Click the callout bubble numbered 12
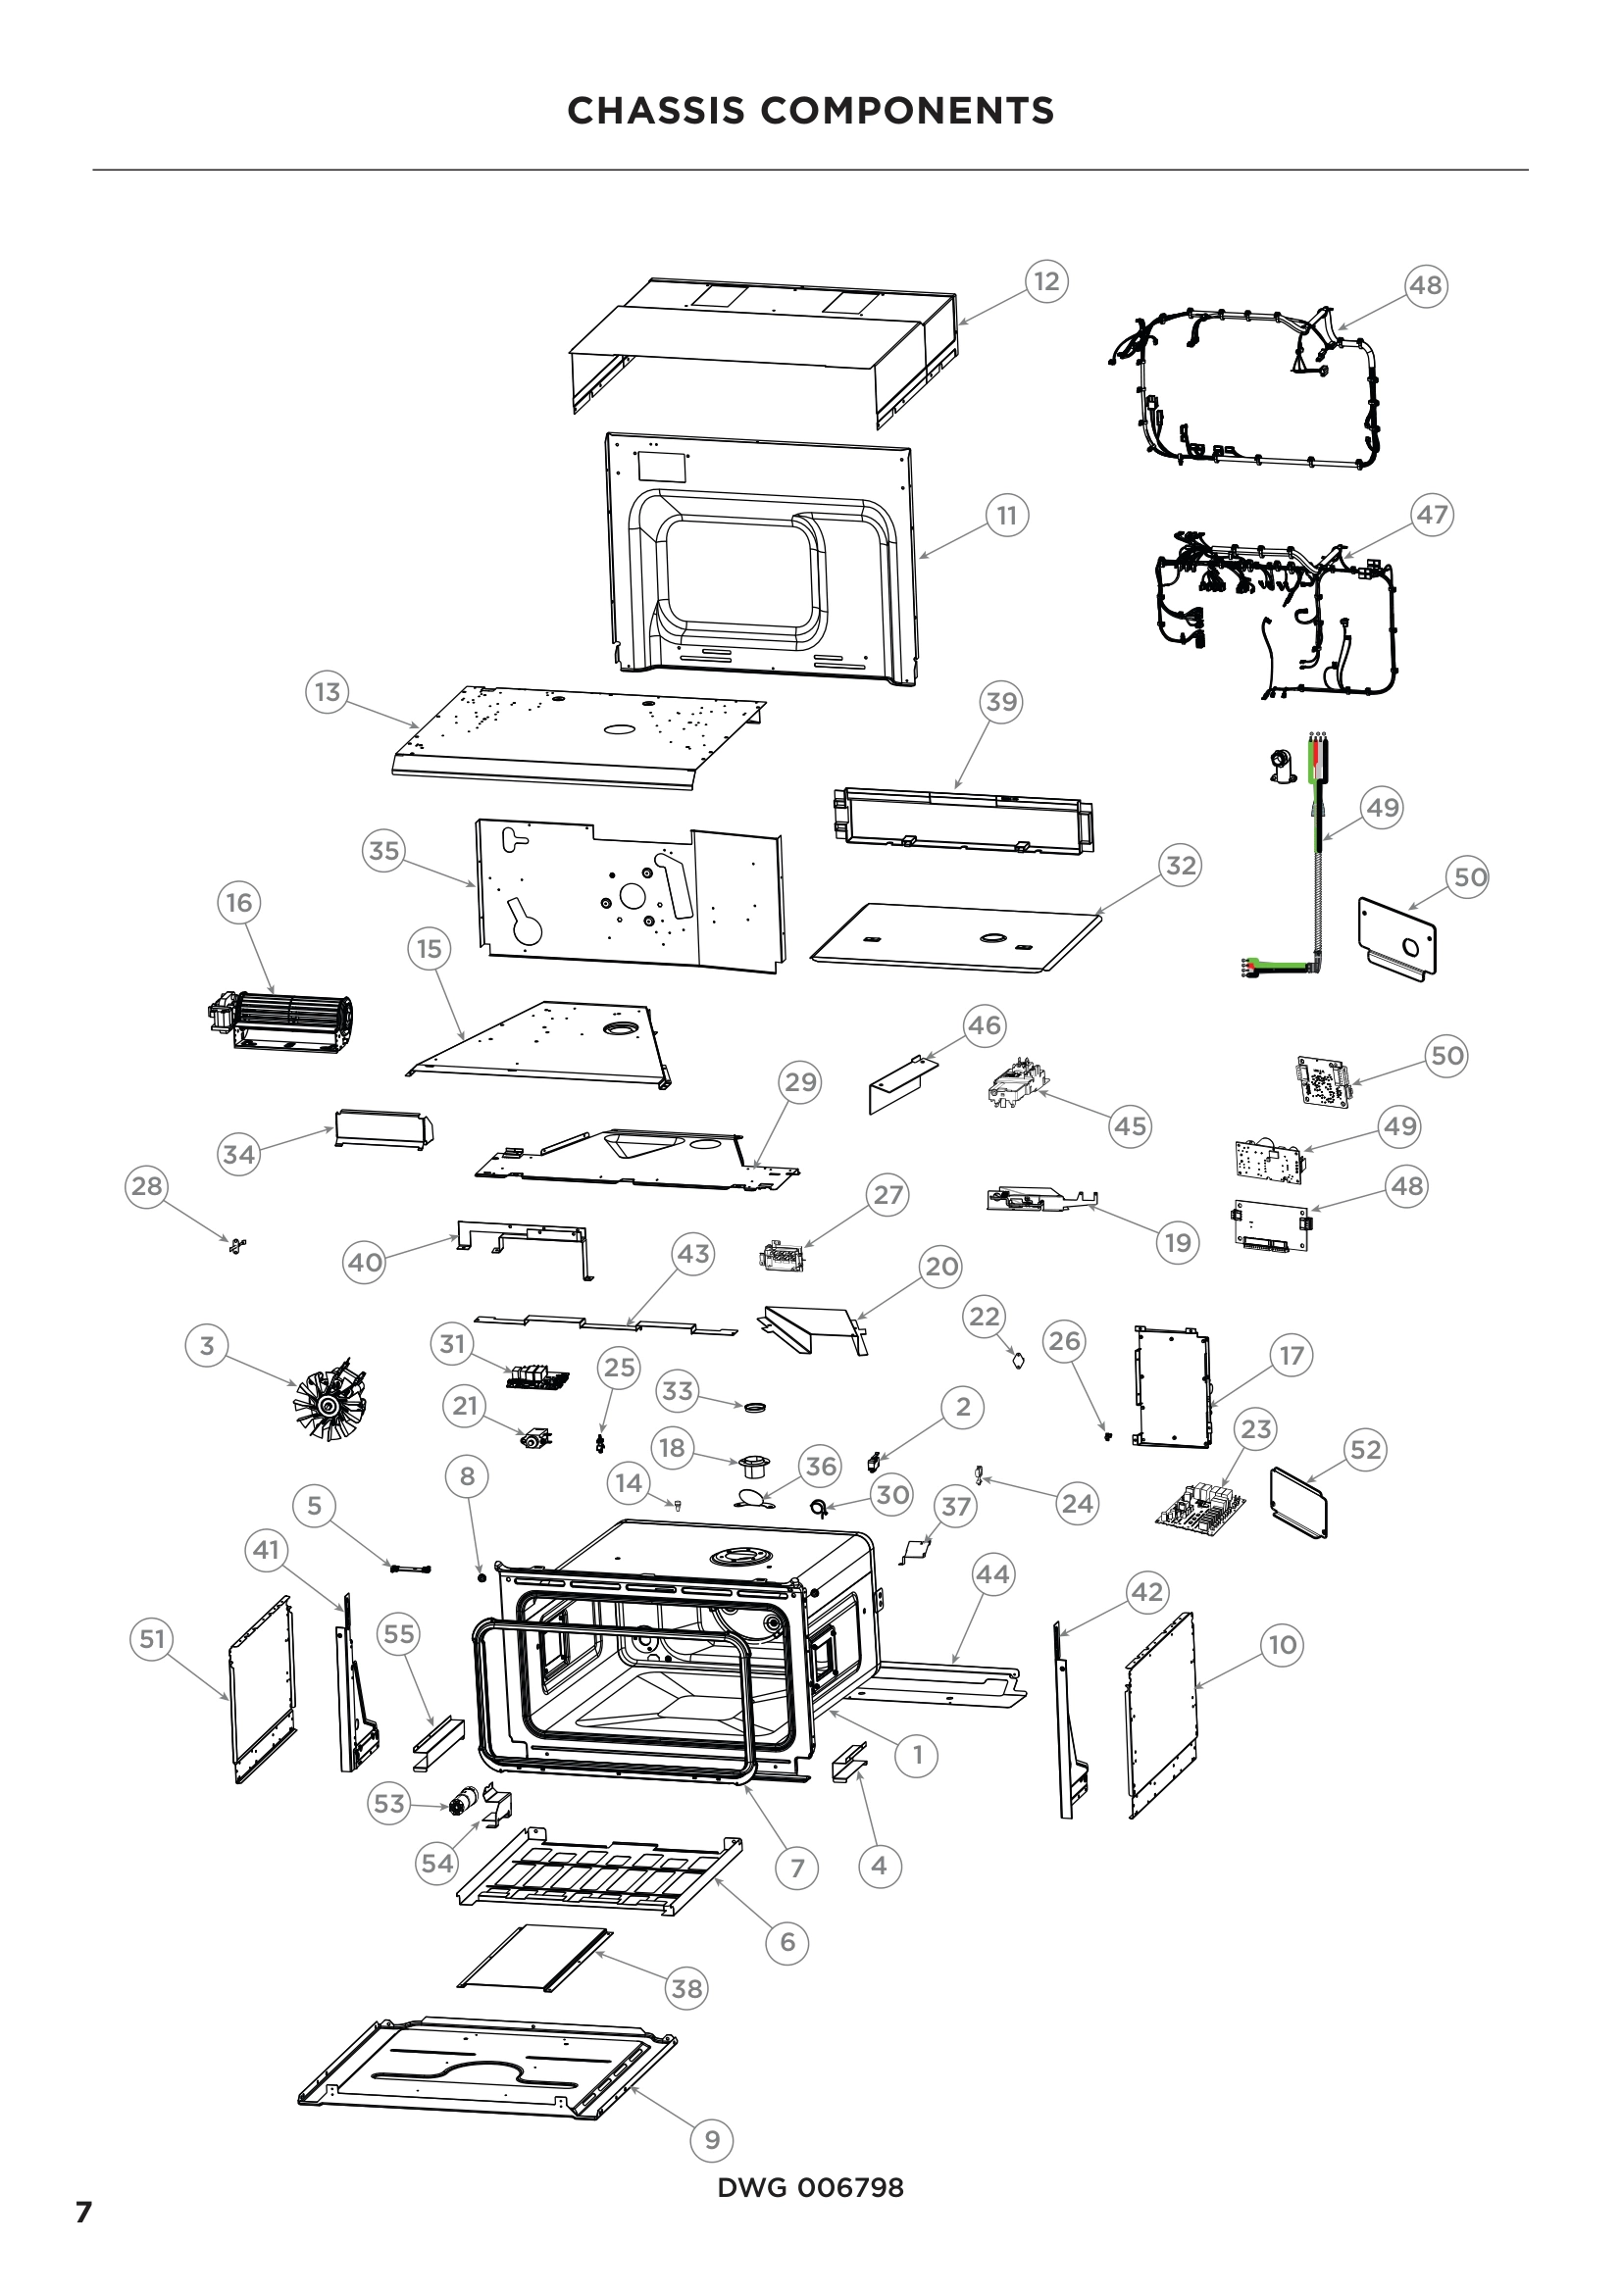coord(1045,281)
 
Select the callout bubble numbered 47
coord(1431,515)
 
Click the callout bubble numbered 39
coord(1001,702)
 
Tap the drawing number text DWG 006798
coord(810,2188)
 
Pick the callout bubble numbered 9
coord(712,2140)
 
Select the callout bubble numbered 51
coord(152,1639)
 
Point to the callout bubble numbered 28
coord(147,1186)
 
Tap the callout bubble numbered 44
coord(991,1575)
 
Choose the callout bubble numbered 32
coord(1181,865)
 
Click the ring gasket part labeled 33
coord(756,1406)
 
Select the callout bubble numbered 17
coord(1292,1355)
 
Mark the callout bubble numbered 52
coord(1365,1449)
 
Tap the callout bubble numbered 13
coord(328,692)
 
